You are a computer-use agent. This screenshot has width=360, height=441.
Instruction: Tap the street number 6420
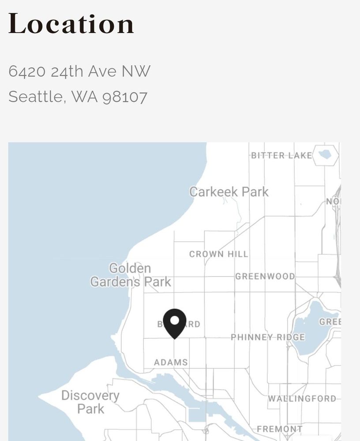click(27, 71)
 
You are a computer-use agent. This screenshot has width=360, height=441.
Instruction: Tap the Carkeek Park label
click(229, 192)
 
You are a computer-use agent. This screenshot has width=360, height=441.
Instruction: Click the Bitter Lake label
click(281, 155)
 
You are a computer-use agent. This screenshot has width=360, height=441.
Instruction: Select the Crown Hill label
click(219, 254)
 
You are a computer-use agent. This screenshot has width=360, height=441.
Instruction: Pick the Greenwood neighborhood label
click(265, 277)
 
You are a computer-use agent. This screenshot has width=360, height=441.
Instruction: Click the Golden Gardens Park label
click(131, 275)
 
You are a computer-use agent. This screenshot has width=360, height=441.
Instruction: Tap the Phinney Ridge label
click(268, 337)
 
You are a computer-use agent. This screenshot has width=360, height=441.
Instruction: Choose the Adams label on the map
click(171, 363)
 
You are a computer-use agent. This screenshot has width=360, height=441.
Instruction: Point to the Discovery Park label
click(90, 402)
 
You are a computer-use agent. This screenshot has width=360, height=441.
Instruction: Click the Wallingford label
click(302, 399)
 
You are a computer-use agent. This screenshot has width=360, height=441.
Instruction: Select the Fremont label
click(280, 429)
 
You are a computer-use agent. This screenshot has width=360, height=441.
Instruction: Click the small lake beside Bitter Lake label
click(325, 154)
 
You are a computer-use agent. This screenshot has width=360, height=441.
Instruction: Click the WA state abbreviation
click(85, 97)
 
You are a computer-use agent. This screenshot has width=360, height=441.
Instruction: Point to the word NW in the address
click(136, 71)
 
